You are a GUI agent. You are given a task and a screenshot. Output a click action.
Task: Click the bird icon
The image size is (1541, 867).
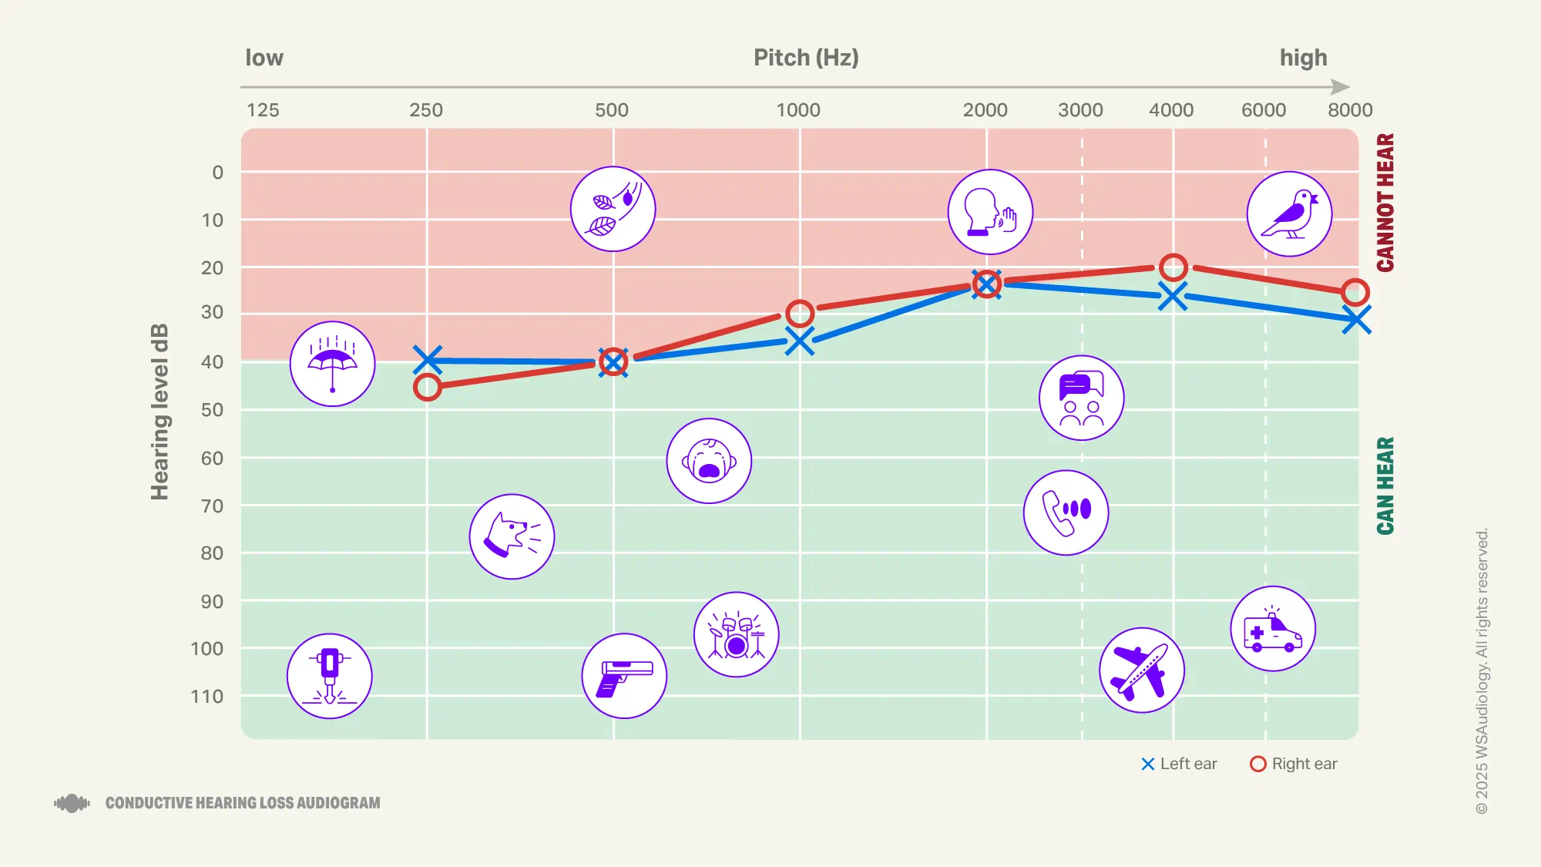pos(1289,214)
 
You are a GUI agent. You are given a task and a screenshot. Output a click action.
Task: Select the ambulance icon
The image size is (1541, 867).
pos(1273,629)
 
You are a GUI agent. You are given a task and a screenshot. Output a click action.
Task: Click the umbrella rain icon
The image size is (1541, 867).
pos(332,364)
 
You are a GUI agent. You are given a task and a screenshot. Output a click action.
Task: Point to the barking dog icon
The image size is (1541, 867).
pos(512,536)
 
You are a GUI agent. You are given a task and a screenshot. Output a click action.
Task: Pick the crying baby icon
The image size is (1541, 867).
pos(709,461)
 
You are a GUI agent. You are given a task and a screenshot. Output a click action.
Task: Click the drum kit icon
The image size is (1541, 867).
pos(736,635)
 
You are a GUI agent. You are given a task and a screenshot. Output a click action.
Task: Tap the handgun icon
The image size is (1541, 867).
pos(624,676)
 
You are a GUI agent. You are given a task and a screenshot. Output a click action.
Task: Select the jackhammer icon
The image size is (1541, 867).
pos(330,676)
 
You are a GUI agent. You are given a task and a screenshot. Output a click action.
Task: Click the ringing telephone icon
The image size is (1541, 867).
pos(1066,512)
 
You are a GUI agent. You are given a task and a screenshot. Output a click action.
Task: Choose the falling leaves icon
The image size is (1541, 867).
pos(613,209)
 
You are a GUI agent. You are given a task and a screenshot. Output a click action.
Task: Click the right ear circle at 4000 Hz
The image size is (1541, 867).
pos(1173,267)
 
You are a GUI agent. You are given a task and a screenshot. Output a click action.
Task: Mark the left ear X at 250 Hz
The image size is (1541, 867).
pos(428,359)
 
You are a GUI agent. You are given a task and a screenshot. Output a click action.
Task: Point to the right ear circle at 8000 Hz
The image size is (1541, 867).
pos(1355,292)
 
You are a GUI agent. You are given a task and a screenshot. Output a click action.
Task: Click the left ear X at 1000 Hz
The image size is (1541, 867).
pos(800,341)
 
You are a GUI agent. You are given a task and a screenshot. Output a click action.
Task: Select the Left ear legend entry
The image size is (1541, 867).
pos(1179,764)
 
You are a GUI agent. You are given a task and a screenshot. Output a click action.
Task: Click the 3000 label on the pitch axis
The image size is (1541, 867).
pos(1080,110)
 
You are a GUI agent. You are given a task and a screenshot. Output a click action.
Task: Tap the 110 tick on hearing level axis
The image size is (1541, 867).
pos(206,697)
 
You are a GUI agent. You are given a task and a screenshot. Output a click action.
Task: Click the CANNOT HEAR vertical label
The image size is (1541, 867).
pos(1385,202)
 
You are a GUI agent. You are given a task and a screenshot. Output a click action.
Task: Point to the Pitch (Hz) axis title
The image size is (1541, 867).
pos(806,58)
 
